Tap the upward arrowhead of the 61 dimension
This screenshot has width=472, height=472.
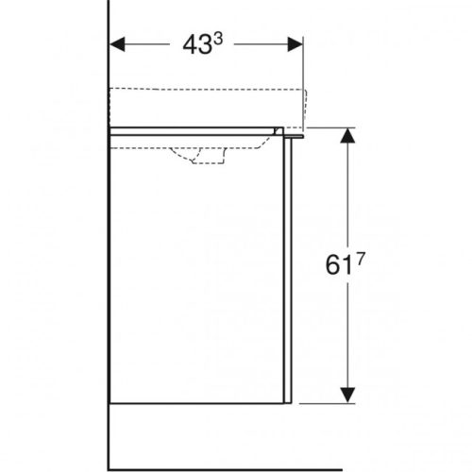click(348, 137)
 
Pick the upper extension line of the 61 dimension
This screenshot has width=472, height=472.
click(330, 126)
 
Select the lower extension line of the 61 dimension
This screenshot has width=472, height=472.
click(330, 404)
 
